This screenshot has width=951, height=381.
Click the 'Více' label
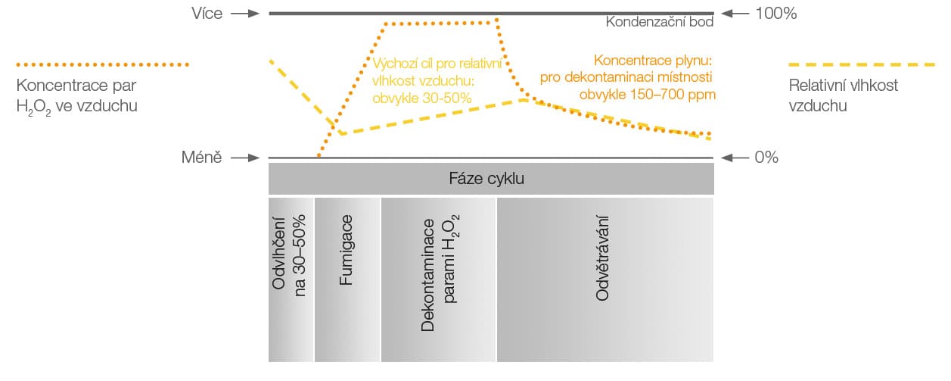pos(207,14)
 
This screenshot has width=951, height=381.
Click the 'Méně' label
pos(202,158)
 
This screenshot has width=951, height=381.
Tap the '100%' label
pos(776,14)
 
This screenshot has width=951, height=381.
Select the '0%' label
pos(766,158)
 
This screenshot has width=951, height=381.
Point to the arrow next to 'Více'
pos(245,14)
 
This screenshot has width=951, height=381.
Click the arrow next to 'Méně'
pos(245,158)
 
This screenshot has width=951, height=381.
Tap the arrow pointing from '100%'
pos(735,14)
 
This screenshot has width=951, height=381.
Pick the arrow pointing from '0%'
pos(735,158)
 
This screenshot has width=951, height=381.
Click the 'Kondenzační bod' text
pos(659,22)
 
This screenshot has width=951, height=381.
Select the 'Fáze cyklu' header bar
pos(491,179)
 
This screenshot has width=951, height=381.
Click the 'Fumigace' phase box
pos(347,280)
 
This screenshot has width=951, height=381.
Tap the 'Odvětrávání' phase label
pos(602,258)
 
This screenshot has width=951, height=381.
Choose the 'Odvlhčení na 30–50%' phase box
pos(291,280)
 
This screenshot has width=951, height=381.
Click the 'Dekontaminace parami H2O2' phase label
pos(440,273)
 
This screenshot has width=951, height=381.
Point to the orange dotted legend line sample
pos(102,64)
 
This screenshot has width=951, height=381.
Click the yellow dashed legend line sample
pos(862,64)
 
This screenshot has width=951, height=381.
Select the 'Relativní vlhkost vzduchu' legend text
pos(843,95)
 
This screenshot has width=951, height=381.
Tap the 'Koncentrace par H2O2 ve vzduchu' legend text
pos(77,96)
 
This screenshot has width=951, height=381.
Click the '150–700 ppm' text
pos(673,94)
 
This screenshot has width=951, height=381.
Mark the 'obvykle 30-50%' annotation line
pos(422,98)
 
